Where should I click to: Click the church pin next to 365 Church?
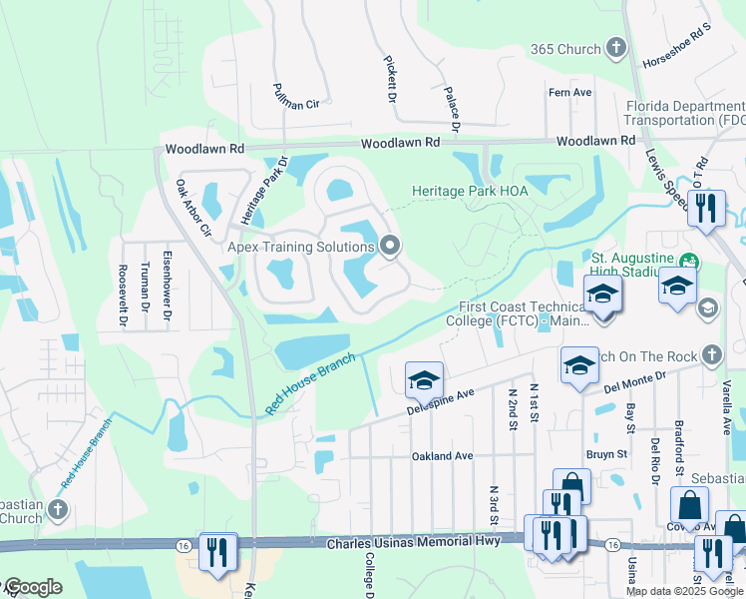pos(616,48)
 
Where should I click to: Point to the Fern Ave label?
pos(570,93)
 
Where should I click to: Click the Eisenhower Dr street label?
pos(169,291)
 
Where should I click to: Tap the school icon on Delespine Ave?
pos(423,379)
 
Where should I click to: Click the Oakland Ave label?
pos(442,456)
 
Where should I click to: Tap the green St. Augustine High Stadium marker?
pos(687,264)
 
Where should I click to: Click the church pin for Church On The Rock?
pos(710,354)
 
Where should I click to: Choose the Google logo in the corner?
pos(33,587)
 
